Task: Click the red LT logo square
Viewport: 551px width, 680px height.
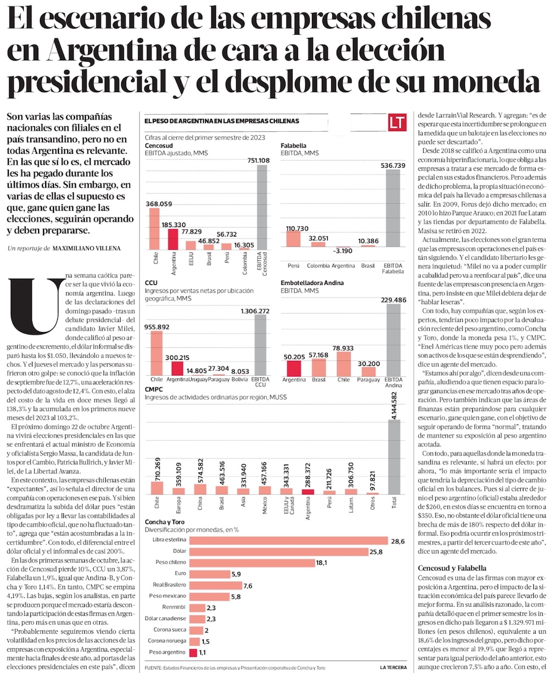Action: (x=397, y=122)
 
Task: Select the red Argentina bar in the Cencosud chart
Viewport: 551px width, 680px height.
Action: (x=173, y=239)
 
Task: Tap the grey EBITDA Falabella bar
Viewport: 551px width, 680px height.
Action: (x=393, y=208)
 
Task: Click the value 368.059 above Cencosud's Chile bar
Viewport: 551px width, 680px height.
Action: (x=159, y=204)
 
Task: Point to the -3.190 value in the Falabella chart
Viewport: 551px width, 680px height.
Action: (x=343, y=251)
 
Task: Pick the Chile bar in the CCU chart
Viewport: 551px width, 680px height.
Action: (x=156, y=353)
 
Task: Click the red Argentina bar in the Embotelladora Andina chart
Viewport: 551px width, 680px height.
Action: (x=294, y=368)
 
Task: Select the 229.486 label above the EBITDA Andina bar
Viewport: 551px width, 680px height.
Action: (x=393, y=300)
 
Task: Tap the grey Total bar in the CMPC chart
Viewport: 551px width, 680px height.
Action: (x=394, y=457)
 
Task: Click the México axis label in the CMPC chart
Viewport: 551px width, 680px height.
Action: (x=264, y=506)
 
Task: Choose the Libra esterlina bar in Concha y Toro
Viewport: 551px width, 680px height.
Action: (x=289, y=540)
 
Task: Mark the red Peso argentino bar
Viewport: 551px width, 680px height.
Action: (x=193, y=652)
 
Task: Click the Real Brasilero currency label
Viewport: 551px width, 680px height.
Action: (x=169, y=585)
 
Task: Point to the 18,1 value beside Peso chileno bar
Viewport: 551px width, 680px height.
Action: (x=321, y=563)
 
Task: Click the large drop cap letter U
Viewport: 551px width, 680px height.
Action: (x=37, y=306)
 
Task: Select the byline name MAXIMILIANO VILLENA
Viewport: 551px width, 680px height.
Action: (x=87, y=249)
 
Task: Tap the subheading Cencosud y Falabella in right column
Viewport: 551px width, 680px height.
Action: (x=452, y=568)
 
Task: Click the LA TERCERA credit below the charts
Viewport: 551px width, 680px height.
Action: (x=393, y=667)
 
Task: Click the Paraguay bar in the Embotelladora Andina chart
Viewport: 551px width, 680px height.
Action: (x=369, y=371)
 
